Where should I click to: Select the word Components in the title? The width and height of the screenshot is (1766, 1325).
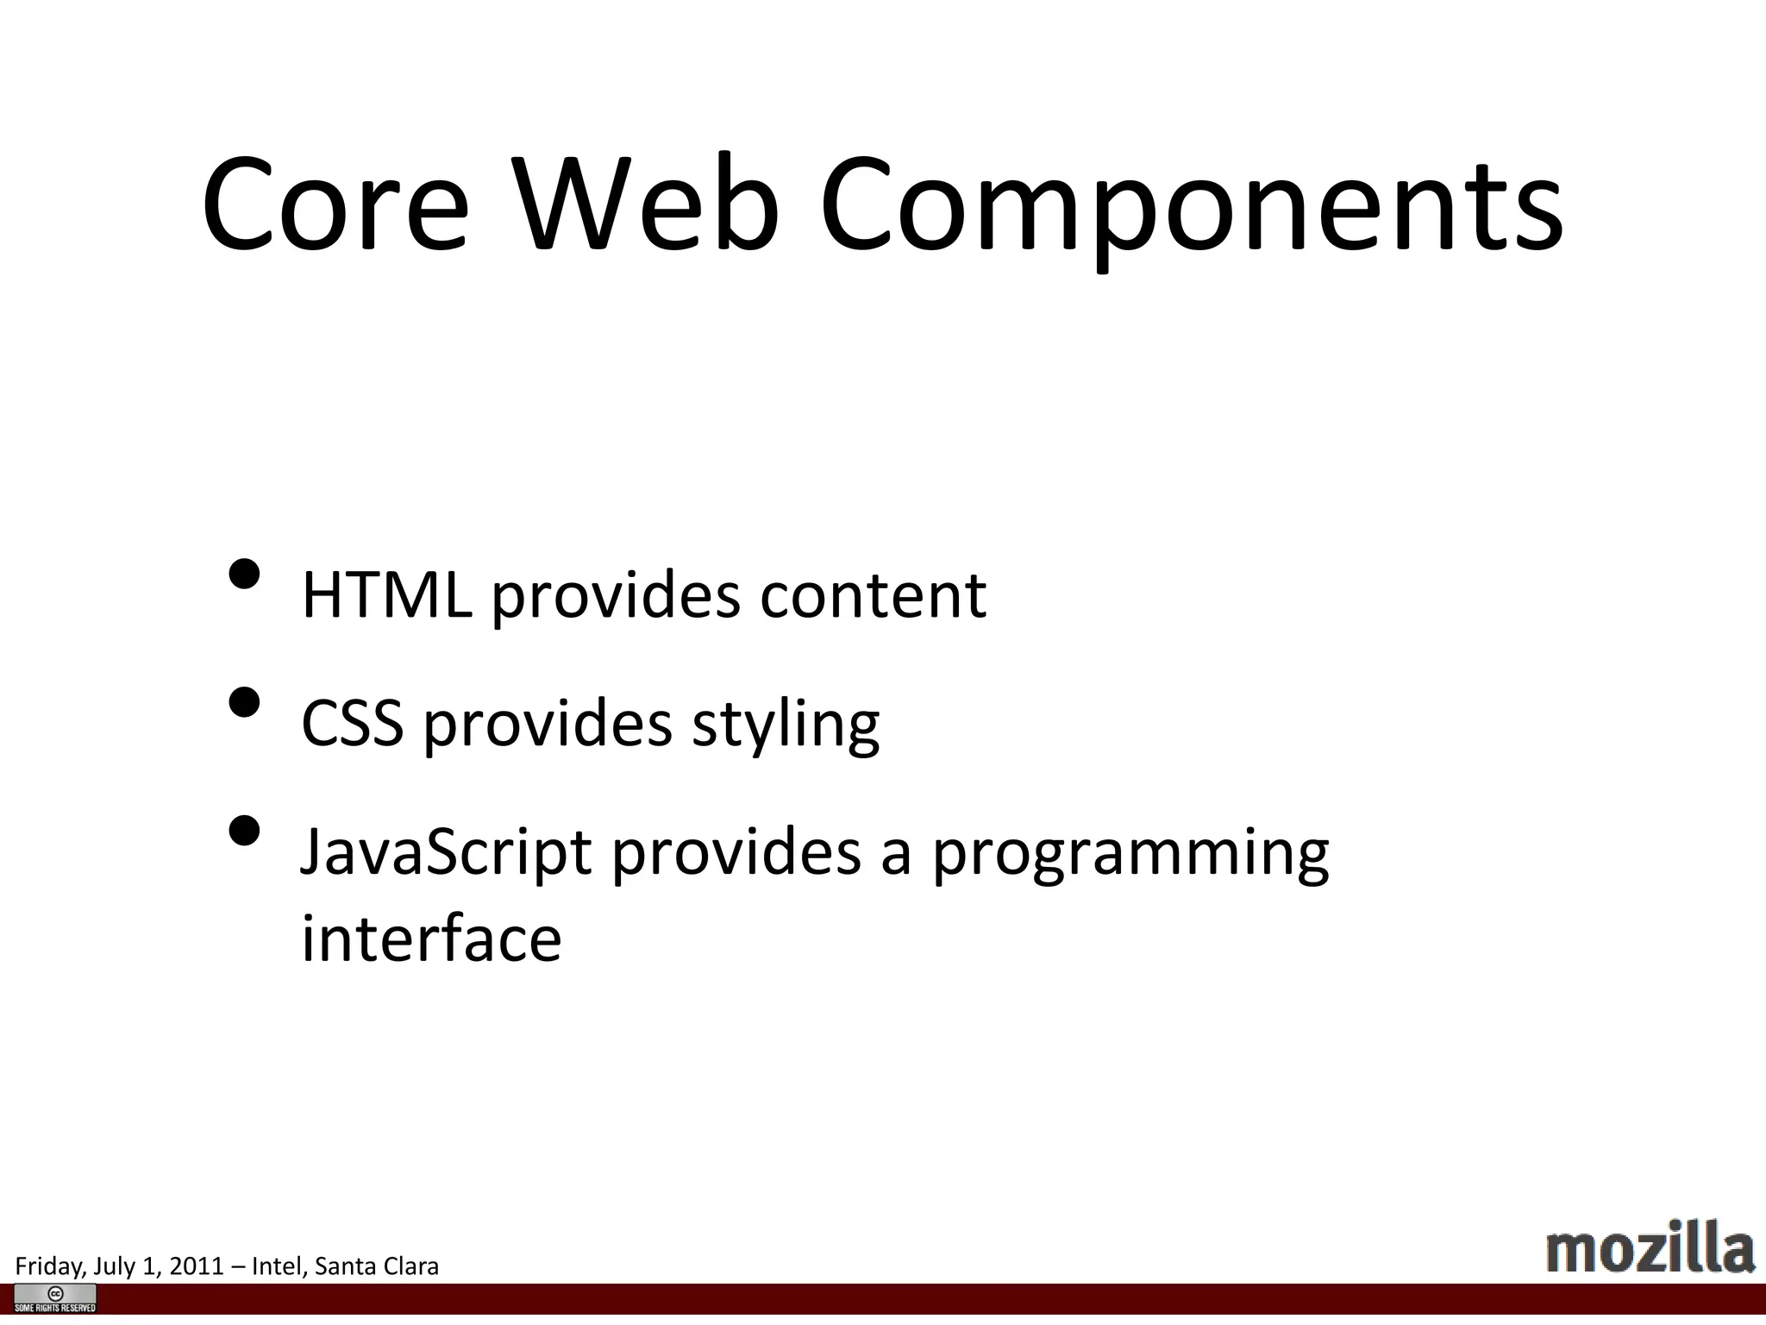tap(1190, 207)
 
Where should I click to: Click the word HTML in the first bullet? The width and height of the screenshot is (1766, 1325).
tap(386, 595)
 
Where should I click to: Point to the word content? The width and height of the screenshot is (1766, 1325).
tap(873, 595)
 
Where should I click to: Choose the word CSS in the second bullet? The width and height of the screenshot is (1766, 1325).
tap(352, 723)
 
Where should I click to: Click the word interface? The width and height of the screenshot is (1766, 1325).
tap(431, 939)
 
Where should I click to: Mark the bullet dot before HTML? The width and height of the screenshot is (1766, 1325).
tap(245, 574)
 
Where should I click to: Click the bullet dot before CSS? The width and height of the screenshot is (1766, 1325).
tap(245, 702)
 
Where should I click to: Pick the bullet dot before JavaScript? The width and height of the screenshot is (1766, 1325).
tap(245, 831)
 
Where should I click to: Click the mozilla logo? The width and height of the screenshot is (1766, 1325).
tap(1650, 1247)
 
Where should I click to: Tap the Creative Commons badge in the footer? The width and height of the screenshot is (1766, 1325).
tap(55, 1297)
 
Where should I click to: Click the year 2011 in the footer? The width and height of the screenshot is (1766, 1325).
tap(197, 1266)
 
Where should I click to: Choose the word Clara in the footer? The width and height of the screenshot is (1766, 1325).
tap(411, 1266)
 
